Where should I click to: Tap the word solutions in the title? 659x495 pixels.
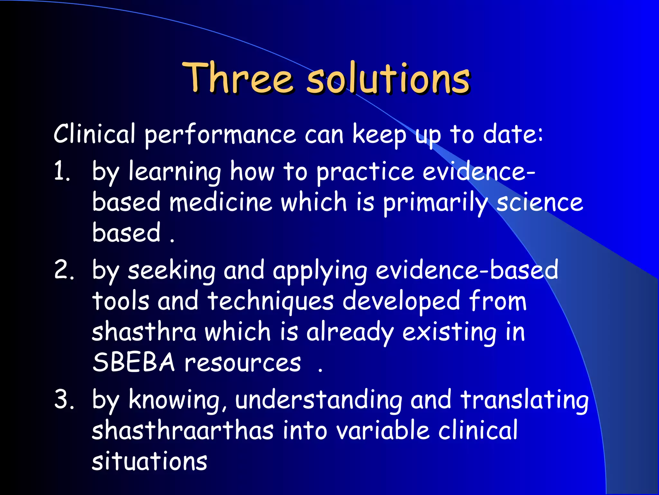pos(388,78)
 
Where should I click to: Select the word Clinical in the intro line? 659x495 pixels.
pos(94,134)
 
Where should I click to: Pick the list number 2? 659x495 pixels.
pos(64,270)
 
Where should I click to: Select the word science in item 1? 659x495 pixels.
pos(540,202)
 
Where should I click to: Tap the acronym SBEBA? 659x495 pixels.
pos(134,363)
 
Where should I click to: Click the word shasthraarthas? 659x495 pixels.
pos(182,431)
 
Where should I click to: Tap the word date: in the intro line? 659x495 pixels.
pos(513,134)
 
